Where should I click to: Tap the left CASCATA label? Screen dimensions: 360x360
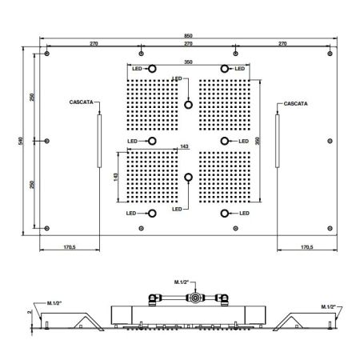[83, 103]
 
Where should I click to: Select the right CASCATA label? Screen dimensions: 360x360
[296, 103]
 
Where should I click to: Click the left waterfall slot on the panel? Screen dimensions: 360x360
[98, 141]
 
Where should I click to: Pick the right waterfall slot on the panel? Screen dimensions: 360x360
[278, 141]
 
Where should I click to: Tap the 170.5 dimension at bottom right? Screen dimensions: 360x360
[305, 247]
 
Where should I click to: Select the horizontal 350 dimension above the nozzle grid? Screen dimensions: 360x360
[189, 61]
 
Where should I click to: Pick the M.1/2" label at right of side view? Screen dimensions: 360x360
[327, 306]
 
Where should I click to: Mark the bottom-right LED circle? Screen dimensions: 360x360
[225, 214]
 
